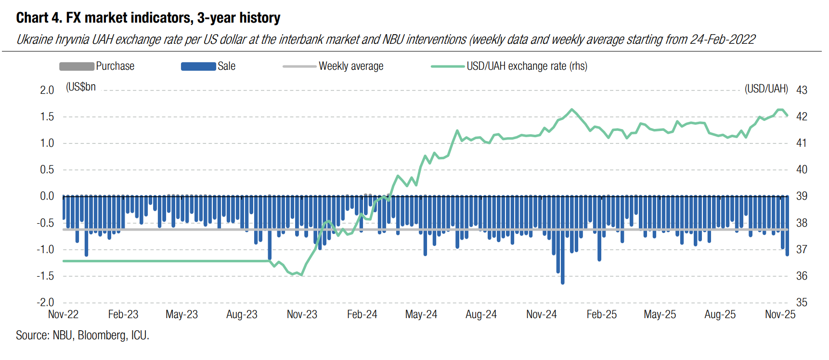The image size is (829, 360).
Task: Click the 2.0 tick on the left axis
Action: (x=47, y=90)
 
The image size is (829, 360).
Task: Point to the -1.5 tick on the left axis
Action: (x=45, y=276)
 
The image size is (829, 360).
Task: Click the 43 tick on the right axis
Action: (x=802, y=90)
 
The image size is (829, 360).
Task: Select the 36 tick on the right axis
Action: (x=802, y=276)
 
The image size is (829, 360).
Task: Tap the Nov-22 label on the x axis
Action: (x=63, y=315)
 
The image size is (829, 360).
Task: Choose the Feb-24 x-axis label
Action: (x=362, y=315)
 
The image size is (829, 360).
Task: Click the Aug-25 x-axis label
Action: (x=720, y=315)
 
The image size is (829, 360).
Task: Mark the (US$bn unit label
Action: (x=81, y=87)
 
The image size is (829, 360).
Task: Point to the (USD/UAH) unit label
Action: (x=766, y=89)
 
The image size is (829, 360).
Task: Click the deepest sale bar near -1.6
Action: (x=562, y=282)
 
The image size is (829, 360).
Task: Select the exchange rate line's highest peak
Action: (x=572, y=110)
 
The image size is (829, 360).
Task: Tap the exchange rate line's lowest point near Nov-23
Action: (x=301, y=275)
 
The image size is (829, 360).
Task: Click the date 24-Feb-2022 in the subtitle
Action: (x=722, y=39)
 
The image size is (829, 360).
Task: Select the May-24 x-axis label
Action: (x=421, y=315)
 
